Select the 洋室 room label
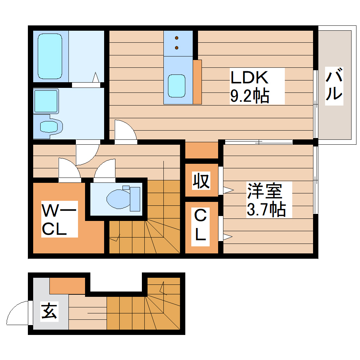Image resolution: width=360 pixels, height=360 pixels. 264,191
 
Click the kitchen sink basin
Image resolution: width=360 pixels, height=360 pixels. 176,86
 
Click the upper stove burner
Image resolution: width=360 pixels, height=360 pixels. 177,38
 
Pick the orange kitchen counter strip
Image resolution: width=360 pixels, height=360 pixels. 197,82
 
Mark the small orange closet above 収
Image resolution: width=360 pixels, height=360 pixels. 202,151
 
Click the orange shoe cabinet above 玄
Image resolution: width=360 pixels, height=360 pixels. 67,286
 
